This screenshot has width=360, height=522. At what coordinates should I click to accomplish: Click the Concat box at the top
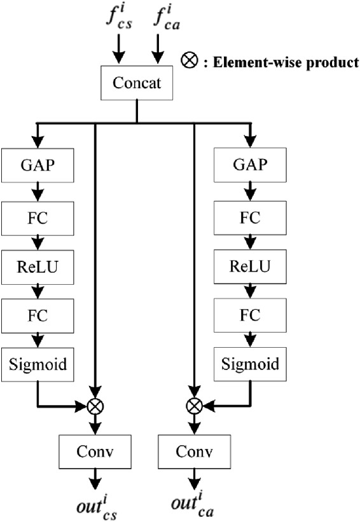click(x=137, y=83)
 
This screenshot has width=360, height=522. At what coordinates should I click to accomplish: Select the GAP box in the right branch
click(x=250, y=165)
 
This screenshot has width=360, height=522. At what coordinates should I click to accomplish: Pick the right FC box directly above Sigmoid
click(x=250, y=314)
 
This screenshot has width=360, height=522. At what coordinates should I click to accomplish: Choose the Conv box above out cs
click(x=95, y=451)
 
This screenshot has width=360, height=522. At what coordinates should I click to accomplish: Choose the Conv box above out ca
click(x=193, y=451)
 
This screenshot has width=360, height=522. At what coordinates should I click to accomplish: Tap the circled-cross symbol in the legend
click(x=188, y=63)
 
